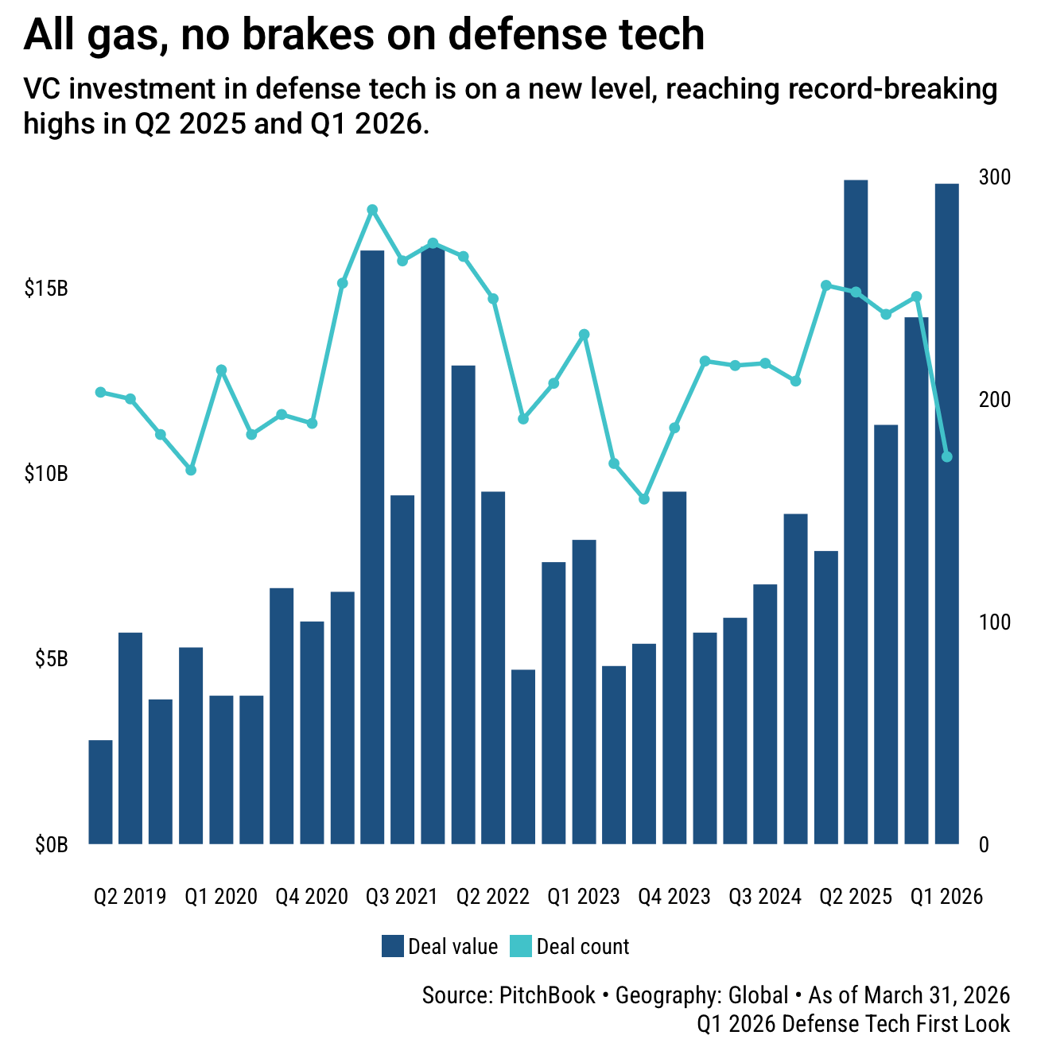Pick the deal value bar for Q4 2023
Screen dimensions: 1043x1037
point(674,668)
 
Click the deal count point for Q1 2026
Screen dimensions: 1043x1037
point(946,456)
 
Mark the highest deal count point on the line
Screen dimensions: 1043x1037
point(372,210)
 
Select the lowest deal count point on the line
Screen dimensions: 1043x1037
point(644,499)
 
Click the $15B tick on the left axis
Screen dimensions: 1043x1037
point(46,288)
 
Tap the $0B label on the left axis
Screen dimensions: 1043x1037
point(51,845)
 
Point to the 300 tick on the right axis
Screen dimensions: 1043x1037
point(994,176)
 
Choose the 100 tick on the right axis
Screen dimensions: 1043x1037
point(994,622)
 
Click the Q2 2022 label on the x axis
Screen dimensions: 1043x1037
point(492,897)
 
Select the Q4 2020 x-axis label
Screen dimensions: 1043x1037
point(312,897)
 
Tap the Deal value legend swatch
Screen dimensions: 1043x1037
point(393,946)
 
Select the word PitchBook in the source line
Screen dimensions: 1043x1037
point(547,995)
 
